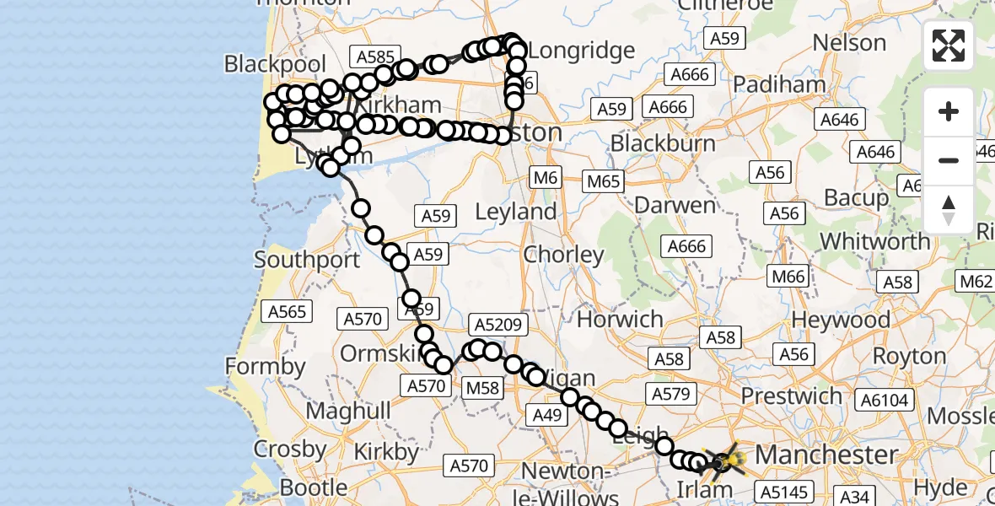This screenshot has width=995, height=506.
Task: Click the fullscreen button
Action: click(949, 46)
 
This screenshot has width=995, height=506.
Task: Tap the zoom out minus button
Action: click(949, 160)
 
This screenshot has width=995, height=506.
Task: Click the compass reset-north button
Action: click(949, 209)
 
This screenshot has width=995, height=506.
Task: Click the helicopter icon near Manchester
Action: click(724, 461)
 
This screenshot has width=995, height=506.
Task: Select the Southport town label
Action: click(307, 259)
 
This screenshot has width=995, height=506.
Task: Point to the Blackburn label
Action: click(663, 143)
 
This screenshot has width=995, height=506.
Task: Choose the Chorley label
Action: click(563, 254)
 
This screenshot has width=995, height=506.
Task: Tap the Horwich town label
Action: click(620, 319)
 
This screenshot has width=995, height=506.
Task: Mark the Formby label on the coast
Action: click(265, 366)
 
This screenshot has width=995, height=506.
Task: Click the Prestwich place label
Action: click(791, 396)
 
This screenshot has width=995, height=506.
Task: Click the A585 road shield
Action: click(375, 57)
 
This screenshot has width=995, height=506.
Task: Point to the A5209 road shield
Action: click(500, 325)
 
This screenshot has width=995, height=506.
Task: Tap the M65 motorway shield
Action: click(604, 180)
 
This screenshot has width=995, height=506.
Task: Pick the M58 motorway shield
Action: click(484, 387)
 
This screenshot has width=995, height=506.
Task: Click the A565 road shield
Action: click(288, 312)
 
